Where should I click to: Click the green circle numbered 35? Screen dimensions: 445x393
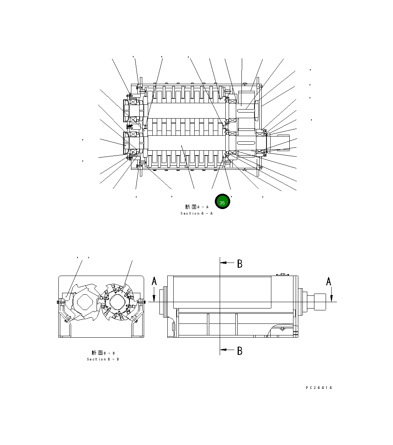(x=222, y=202)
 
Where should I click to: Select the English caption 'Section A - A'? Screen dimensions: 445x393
(x=196, y=214)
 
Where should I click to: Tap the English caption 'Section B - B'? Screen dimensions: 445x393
(x=103, y=359)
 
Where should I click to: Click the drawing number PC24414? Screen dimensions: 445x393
(x=319, y=388)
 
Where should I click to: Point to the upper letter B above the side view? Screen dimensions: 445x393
(x=240, y=264)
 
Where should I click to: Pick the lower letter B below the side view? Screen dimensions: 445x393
(x=240, y=351)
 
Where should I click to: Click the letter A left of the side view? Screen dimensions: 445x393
(x=154, y=281)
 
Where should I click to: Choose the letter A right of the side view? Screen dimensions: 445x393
(x=329, y=281)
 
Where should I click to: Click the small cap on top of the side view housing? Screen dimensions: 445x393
(x=283, y=275)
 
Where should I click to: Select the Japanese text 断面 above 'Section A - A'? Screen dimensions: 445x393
(x=191, y=207)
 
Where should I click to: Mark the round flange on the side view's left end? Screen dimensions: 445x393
(x=163, y=302)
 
